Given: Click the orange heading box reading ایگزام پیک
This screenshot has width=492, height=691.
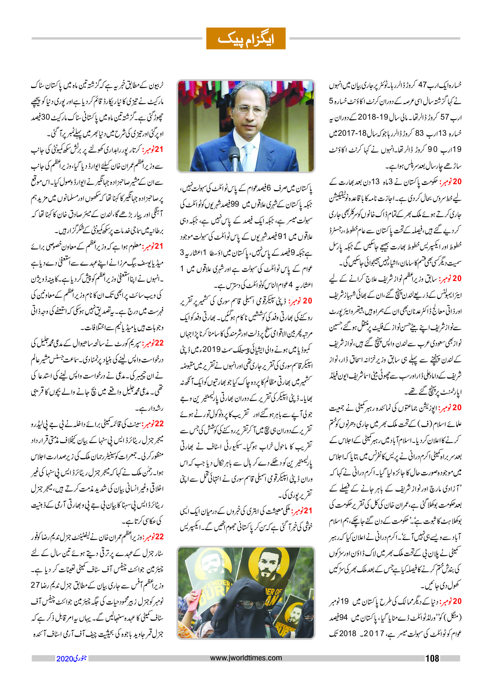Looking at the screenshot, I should click(x=246, y=39).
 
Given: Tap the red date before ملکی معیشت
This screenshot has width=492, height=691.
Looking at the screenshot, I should click(x=301, y=511).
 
